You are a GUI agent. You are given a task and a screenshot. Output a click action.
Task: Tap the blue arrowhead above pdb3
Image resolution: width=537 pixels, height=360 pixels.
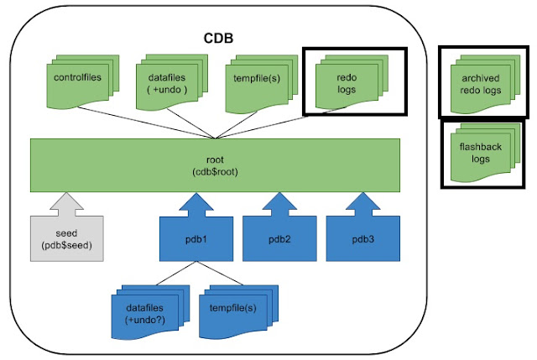[x=362, y=201]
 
